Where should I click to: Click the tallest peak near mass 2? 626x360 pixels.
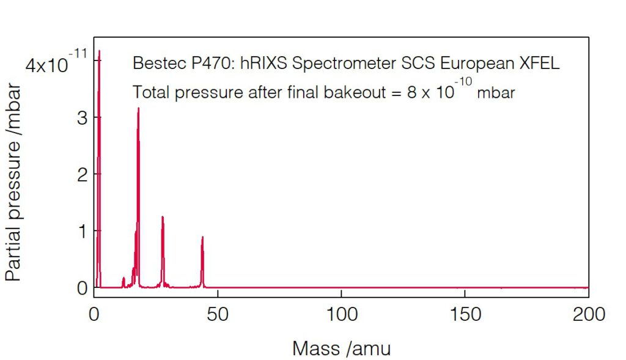click(x=99, y=53)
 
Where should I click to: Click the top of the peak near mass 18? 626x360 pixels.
click(x=138, y=109)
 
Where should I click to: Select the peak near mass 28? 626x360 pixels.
click(x=163, y=218)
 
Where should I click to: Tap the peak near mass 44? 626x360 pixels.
click(x=202, y=238)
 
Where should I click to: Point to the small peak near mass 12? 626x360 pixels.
click(x=123, y=279)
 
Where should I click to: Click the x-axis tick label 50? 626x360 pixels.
click(x=218, y=315)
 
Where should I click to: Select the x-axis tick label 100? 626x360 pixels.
click(x=341, y=315)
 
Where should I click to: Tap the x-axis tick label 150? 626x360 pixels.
click(x=465, y=315)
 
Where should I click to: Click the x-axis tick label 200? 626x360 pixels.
click(x=588, y=315)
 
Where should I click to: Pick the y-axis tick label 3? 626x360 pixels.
click(x=82, y=118)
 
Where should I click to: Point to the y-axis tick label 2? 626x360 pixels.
click(x=82, y=174)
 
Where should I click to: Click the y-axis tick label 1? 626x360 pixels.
click(x=82, y=231)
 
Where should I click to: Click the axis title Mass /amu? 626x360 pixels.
click(x=341, y=348)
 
